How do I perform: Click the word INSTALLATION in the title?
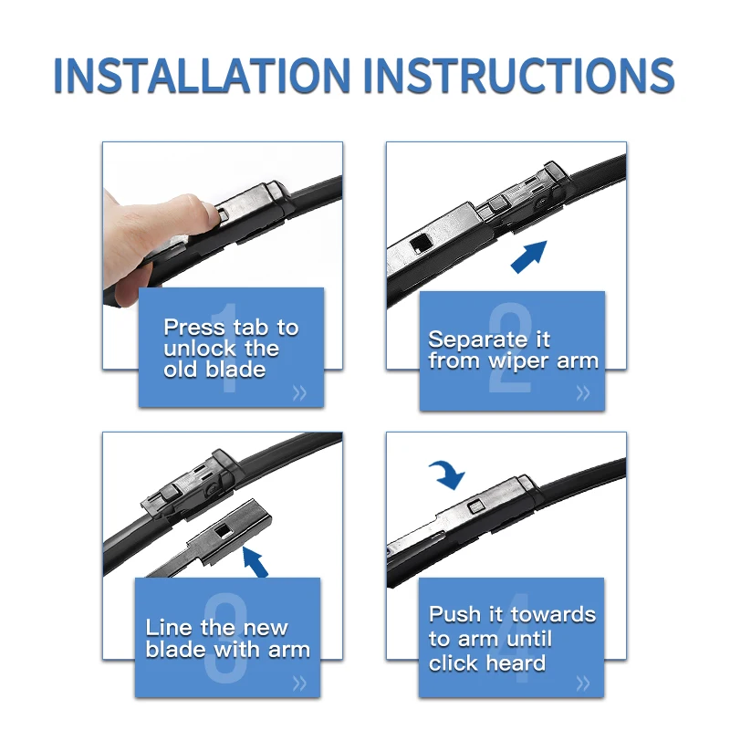click(x=202, y=75)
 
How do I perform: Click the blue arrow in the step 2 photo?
click(x=529, y=256)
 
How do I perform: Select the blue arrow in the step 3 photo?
click(x=256, y=562)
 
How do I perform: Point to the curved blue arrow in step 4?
click(x=448, y=474)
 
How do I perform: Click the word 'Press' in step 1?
click(x=194, y=328)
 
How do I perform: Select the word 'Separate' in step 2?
click(x=476, y=339)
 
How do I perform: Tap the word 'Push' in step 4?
click(x=454, y=614)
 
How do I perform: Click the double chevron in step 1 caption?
click(x=300, y=393)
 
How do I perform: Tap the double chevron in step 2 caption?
click(x=583, y=393)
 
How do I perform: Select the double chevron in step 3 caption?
click(x=300, y=683)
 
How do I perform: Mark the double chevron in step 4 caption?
click(x=583, y=683)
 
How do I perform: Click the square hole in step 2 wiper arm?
click(x=421, y=243)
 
